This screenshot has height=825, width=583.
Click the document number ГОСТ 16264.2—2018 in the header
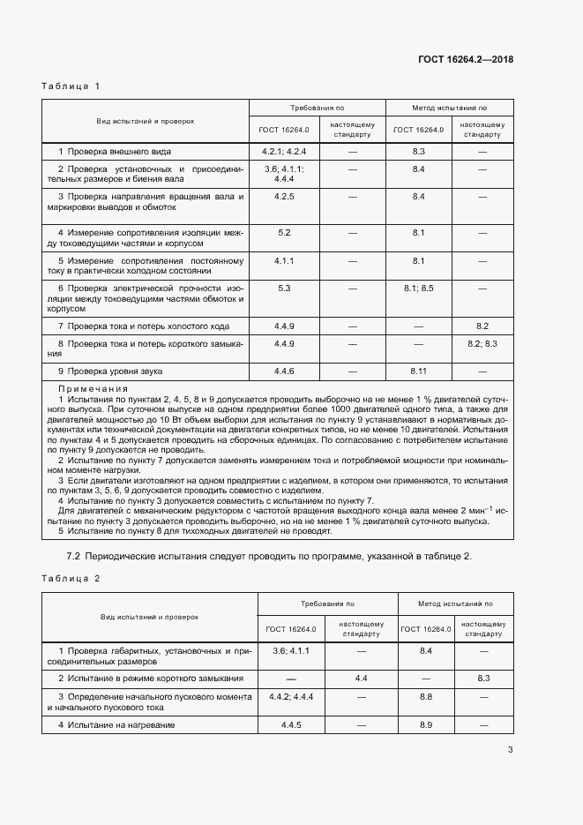465,60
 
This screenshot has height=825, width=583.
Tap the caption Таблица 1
71,86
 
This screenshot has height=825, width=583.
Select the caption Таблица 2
71,578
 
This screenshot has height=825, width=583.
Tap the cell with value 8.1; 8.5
419,288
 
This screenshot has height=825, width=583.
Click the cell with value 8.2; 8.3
482,342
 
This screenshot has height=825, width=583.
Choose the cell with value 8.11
419,371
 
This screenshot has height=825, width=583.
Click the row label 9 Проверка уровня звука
110,371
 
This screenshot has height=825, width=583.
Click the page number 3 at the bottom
510,751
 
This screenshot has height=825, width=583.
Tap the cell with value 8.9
426,724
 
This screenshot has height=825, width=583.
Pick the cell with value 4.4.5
291,724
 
